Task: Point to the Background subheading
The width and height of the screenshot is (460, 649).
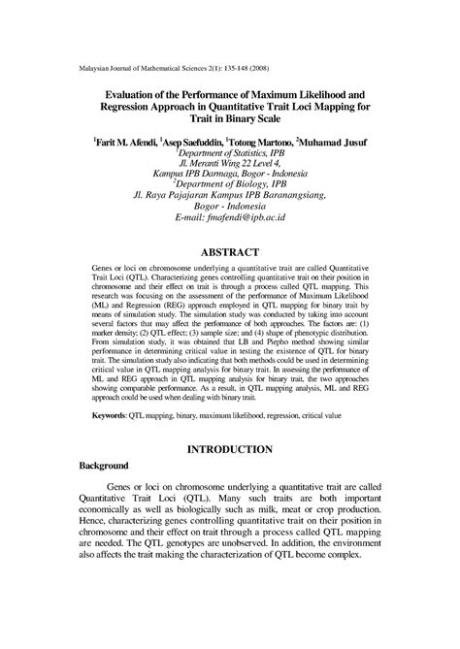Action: coord(103,467)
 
